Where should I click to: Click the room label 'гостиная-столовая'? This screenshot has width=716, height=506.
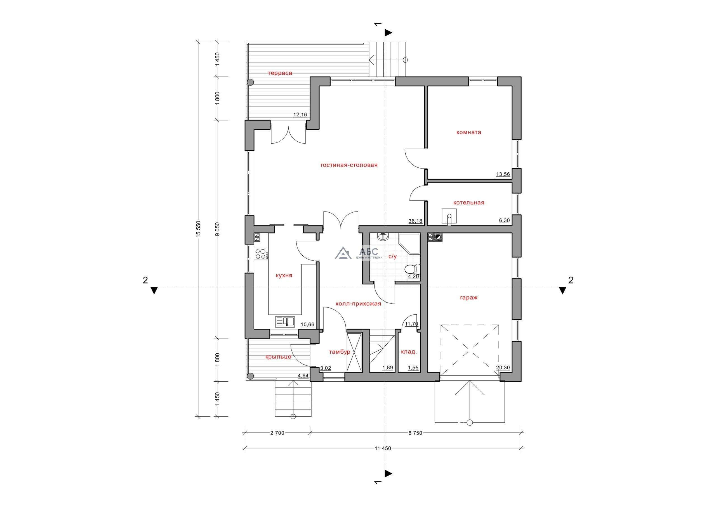pos(349,165)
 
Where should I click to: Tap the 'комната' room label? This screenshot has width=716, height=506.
pos(469,132)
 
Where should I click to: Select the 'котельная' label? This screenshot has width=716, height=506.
pos(469,203)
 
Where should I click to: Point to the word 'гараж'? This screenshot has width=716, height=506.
pos(469,298)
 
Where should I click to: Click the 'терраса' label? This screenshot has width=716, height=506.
pos(280,73)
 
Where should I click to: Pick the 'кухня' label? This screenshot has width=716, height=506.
pos(284,275)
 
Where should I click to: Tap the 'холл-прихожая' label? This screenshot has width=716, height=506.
pos(358,304)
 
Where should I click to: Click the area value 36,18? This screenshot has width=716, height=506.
pos(415,221)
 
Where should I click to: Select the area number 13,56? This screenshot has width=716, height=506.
pos(503,174)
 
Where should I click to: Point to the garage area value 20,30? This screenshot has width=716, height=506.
pos(503,368)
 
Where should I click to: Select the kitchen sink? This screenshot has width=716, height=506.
pos(66,322)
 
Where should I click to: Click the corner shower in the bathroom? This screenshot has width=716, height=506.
pos(409,244)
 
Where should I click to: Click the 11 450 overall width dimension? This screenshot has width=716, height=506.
pos(383,448)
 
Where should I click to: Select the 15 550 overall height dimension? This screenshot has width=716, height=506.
pos(199,229)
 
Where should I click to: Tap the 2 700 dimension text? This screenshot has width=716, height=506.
pos(277,433)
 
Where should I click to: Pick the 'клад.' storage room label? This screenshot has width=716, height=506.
pos(409,352)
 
